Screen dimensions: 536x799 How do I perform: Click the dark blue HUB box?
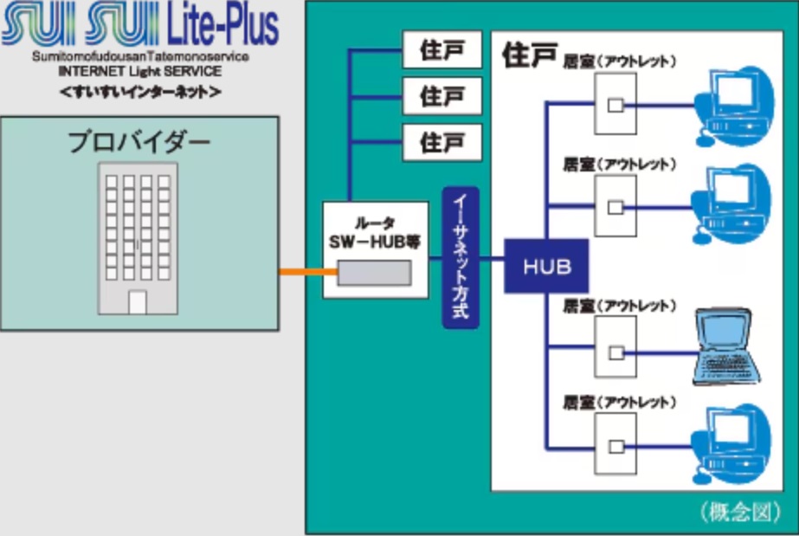(546, 265)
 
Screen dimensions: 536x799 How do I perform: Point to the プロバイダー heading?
(139, 140)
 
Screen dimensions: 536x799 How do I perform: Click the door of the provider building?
(137, 302)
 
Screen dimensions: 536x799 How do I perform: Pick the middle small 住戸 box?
(442, 94)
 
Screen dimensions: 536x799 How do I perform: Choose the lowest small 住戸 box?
(442, 139)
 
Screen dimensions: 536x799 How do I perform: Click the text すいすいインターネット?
(140, 90)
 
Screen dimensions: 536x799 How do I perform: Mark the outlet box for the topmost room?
(615, 104)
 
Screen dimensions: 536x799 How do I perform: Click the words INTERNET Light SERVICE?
(140, 71)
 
